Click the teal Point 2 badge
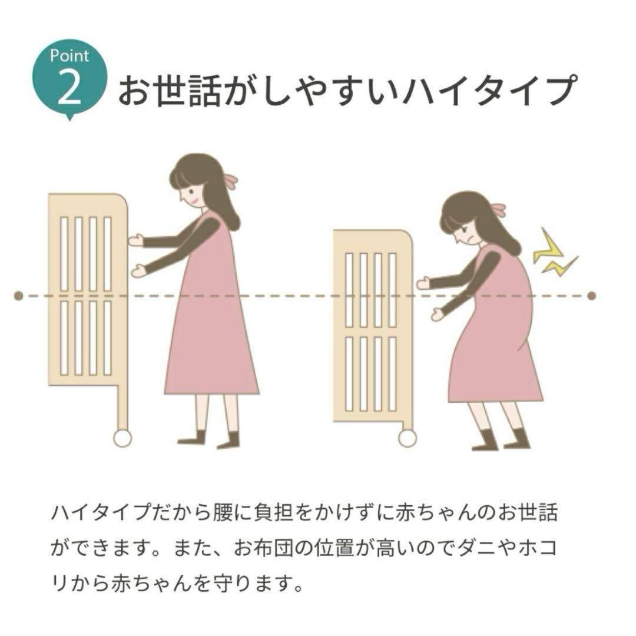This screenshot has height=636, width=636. coord(69,77)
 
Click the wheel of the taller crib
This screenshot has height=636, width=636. coord(122,438)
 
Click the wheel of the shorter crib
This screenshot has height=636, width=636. coord(407,438)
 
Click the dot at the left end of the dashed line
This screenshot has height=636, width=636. coord(18,295)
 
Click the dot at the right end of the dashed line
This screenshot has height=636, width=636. coord(592,296)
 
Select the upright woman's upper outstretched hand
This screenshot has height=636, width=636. coord(136,240)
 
